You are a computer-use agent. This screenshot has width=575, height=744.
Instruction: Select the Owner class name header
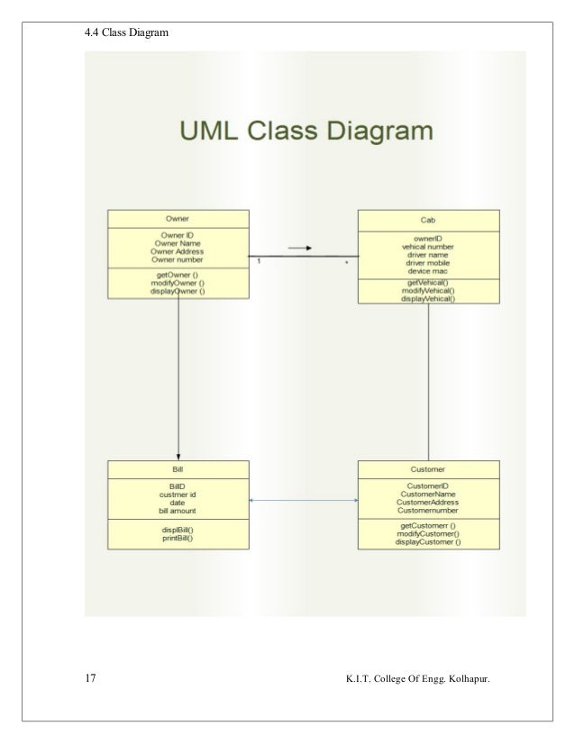tap(178, 219)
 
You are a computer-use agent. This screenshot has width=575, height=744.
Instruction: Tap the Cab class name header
tap(429, 220)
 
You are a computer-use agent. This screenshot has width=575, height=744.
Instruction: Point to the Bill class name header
tap(178, 469)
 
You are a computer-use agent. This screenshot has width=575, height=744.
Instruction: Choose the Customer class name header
tap(429, 469)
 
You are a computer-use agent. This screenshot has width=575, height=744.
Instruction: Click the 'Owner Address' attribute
tap(178, 251)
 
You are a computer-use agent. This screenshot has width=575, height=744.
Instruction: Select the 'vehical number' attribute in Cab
tap(429, 247)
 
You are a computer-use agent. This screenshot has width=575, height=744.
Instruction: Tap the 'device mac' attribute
tap(429, 271)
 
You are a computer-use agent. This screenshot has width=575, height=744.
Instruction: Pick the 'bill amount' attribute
tap(178, 511)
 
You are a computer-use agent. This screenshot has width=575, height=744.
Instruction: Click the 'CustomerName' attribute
tap(429, 494)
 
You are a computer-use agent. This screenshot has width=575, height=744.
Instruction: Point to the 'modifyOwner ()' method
tap(178, 282)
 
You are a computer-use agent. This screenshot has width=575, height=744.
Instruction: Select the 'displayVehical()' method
tap(429, 299)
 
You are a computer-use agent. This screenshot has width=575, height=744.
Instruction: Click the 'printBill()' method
tap(178, 539)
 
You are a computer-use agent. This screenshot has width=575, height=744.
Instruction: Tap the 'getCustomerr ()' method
tap(429, 525)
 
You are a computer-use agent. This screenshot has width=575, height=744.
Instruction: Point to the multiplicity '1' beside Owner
tap(259, 262)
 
